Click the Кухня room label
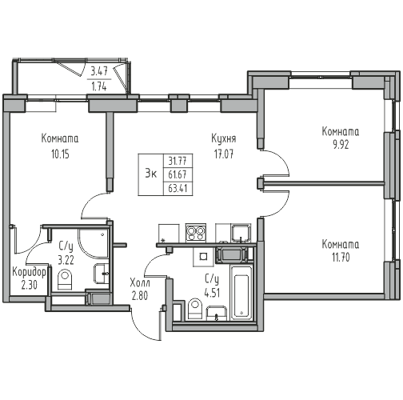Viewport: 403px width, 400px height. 224,139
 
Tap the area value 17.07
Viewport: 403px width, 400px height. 224,154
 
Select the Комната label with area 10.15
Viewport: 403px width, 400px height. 60,138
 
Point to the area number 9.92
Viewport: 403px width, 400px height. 341,145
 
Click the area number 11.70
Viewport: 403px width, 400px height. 341,258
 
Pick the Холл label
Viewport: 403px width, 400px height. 140,282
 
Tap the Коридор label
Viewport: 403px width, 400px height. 30,272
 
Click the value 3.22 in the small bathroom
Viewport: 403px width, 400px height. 66,260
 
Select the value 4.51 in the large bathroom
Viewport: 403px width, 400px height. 212,294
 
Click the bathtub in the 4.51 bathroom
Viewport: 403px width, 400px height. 241,293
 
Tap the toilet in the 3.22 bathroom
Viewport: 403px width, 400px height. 65,279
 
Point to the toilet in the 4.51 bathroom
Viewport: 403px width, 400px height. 195,309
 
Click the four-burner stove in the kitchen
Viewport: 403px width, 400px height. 196,233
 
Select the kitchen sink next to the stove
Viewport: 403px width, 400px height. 241,233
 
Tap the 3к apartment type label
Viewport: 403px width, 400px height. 151,174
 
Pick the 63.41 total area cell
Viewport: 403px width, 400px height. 178,189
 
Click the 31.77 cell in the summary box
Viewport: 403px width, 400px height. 178,161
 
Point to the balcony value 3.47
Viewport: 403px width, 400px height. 99,71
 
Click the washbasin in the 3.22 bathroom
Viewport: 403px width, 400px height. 102,274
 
